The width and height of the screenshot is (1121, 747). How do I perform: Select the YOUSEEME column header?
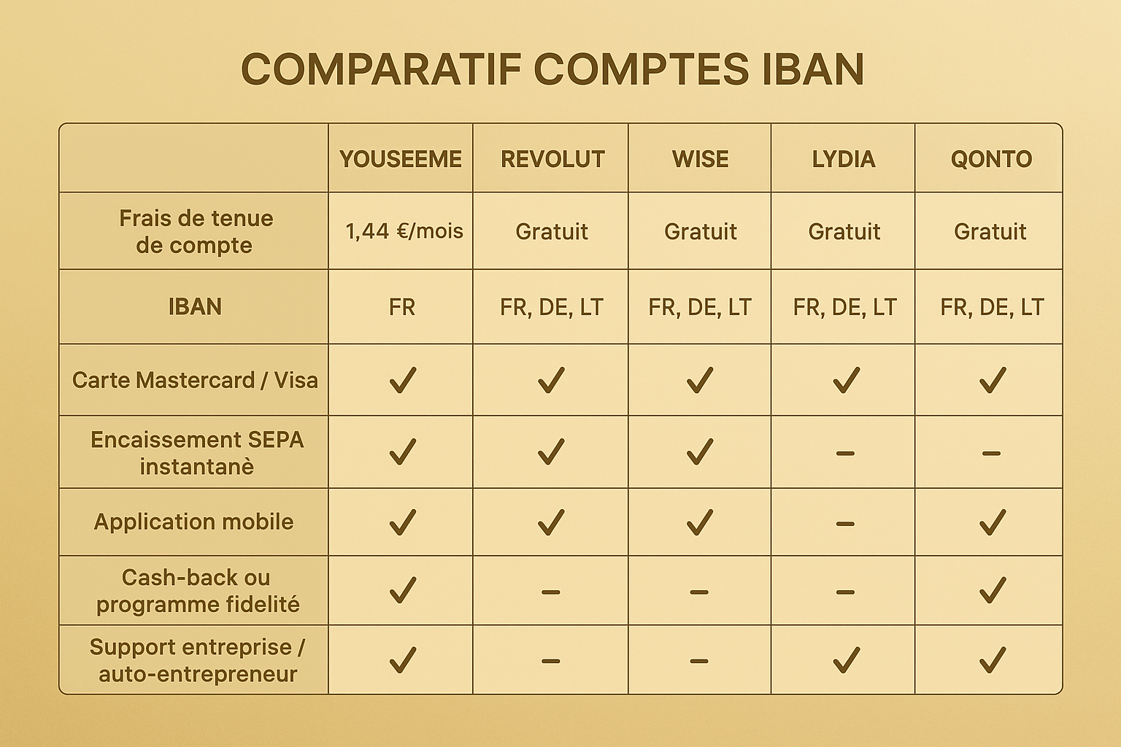click(x=401, y=159)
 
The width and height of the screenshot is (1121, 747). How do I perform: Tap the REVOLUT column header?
click(x=552, y=159)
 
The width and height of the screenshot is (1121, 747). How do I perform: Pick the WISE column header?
click(x=700, y=159)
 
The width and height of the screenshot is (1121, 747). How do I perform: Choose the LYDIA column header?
click(x=844, y=159)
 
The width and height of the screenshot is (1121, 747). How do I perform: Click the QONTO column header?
click(x=991, y=159)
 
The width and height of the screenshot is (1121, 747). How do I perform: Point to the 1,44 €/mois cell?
click(x=404, y=231)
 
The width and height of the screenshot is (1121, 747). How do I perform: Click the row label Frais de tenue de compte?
click(x=195, y=231)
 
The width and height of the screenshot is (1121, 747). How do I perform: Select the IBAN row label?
click(x=195, y=306)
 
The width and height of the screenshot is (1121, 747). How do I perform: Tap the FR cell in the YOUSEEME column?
click(x=402, y=307)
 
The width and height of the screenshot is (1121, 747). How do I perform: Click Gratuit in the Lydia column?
click(x=844, y=232)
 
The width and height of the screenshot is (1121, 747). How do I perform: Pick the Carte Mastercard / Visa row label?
click(x=195, y=380)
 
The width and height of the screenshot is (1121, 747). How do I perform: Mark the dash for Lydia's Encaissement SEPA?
click(x=845, y=454)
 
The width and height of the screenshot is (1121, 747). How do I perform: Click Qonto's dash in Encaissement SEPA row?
click(x=991, y=454)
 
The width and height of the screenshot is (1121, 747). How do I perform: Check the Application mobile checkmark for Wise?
click(x=699, y=522)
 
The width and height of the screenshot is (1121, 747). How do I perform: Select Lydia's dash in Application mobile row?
click(x=845, y=524)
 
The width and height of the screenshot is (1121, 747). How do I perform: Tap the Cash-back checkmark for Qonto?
click(x=993, y=590)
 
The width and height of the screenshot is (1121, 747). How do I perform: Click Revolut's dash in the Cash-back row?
click(x=551, y=592)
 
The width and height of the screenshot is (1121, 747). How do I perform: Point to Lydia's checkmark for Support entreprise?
click(x=846, y=659)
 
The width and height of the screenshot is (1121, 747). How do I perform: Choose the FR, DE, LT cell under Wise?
click(x=700, y=307)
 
